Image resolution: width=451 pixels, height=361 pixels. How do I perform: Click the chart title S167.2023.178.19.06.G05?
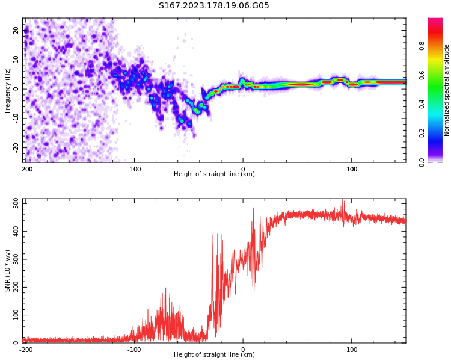click(x=213, y=5)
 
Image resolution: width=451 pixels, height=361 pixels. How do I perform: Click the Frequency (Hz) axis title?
click(x=7, y=90)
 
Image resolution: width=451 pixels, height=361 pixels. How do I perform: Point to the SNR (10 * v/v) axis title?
click(x=7, y=271)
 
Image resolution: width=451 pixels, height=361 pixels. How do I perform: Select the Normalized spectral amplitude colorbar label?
click(x=446, y=90)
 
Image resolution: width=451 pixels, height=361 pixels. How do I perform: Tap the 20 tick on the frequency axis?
click(x=16, y=30)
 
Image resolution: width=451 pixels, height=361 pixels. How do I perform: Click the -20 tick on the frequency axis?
click(x=16, y=148)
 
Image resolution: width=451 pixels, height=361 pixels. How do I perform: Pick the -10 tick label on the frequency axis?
click(x=16, y=119)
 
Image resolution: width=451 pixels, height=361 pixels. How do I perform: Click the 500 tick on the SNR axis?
click(x=16, y=204)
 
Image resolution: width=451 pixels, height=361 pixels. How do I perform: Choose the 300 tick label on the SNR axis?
click(x=16, y=259)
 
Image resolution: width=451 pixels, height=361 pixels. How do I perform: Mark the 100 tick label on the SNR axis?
click(x=16, y=315)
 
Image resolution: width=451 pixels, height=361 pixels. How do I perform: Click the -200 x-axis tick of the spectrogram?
click(x=26, y=169)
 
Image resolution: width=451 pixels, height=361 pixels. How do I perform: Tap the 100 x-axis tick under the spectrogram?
click(x=352, y=169)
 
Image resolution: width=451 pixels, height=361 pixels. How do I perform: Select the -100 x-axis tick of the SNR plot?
click(x=134, y=350)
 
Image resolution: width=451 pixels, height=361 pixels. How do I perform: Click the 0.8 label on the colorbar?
click(x=422, y=46)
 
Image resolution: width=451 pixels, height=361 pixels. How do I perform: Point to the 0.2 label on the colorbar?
click(x=422, y=133)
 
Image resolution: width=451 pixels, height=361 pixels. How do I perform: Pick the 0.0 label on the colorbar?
click(x=422, y=162)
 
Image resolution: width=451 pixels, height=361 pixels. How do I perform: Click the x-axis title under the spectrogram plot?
click(x=214, y=174)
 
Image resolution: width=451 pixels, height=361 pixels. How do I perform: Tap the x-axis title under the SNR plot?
click(x=214, y=354)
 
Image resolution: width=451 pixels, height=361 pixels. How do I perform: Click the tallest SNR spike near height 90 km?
click(x=343, y=200)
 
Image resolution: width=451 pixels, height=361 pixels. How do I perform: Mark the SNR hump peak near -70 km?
click(x=166, y=288)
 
